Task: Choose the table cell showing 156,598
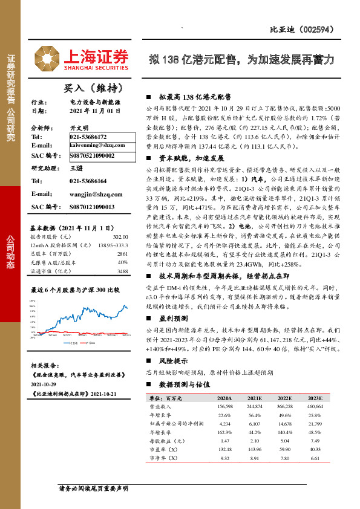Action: click(224, 407)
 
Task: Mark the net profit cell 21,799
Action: click(318, 424)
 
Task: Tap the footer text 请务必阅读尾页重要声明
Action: click(94, 488)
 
